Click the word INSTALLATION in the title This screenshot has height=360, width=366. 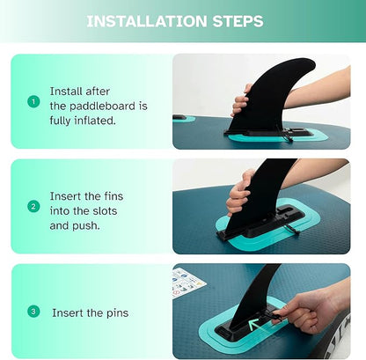pos(147,21)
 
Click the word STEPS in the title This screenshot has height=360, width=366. pos(238,21)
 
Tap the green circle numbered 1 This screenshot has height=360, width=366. pos(33,102)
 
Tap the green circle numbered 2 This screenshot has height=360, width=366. pos(33,207)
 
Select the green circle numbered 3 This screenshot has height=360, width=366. pos(33,312)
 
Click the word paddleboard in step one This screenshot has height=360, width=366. pos(102,107)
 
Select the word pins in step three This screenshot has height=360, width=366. pos(117,313)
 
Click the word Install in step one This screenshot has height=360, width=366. pos(67,92)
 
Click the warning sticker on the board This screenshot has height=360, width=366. pos(187,283)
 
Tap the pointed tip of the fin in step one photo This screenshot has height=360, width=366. pos(314,62)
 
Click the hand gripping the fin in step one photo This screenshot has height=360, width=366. pos(241,100)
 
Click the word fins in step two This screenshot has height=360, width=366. pos(113,196)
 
